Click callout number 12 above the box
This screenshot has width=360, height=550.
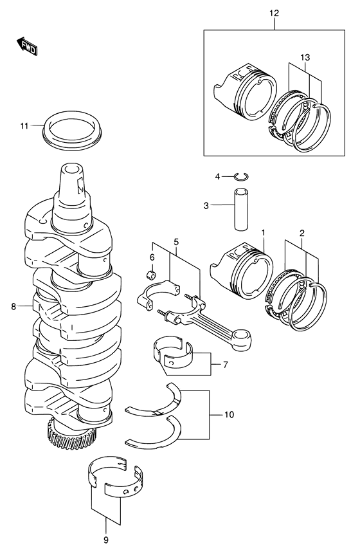[274, 12]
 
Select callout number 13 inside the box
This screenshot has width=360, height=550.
[306, 58]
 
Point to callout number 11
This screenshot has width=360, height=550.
[23, 126]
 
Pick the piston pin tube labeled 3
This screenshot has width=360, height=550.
[242, 206]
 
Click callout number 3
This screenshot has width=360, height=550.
[206, 206]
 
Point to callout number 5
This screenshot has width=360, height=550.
[175, 242]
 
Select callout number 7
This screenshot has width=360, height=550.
[225, 365]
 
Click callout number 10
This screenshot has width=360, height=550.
[230, 416]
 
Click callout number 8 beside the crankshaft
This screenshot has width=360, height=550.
[14, 307]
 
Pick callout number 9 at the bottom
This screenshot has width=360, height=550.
[105, 539]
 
